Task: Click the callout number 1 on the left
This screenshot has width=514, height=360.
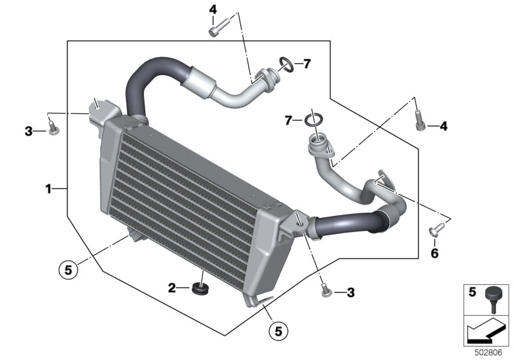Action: [48, 189]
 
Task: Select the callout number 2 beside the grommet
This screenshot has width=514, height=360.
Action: [172, 288]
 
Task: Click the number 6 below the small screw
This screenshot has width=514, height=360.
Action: [435, 253]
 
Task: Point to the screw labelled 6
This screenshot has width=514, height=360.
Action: [437, 230]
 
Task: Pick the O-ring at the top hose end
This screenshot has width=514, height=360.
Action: [287, 64]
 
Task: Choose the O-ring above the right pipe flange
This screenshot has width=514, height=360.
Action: [314, 120]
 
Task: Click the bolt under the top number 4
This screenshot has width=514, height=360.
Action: [219, 27]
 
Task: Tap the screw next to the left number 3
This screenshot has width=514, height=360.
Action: [53, 127]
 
